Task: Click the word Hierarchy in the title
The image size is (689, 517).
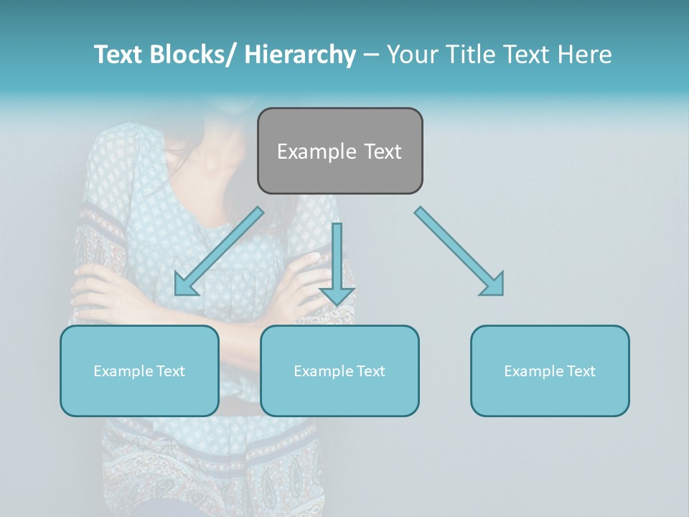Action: tap(300, 55)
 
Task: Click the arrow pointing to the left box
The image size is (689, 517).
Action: tap(219, 251)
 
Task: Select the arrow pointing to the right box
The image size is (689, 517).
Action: tap(459, 251)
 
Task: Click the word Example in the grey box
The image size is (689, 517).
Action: tap(306, 152)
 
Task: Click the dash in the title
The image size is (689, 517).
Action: tap(371, 55)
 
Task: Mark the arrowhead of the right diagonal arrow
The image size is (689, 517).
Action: tap(493, 285)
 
